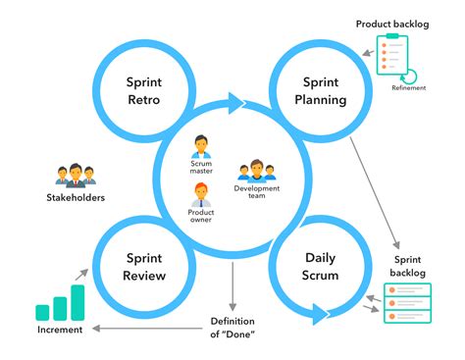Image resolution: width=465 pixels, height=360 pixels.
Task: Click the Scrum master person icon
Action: [x=201, y=148]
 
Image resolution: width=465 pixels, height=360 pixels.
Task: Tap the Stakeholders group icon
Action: [x=75, y=176]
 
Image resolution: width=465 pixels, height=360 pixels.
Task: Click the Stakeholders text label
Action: [x=76, y=198]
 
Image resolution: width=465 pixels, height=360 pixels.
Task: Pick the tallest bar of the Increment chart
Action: [x=77, y=302]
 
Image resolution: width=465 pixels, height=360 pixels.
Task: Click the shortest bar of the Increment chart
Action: [x=42, y=313]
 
